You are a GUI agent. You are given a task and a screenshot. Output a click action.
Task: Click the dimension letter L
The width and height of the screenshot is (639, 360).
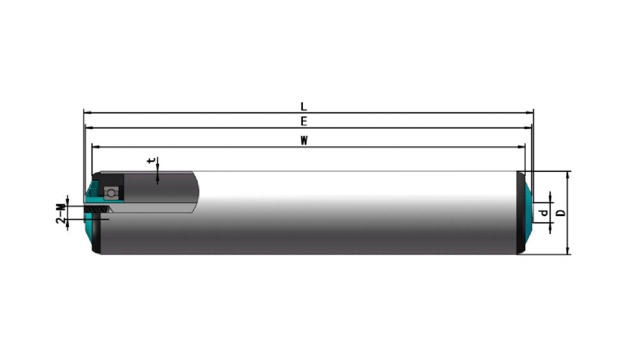[304, 107]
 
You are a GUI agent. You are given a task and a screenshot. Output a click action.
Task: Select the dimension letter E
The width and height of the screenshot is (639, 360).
[304, 121]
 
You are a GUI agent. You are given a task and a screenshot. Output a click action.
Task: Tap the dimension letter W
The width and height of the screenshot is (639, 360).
[304, 141]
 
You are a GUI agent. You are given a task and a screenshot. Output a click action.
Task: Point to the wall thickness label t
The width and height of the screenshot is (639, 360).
[151, 160]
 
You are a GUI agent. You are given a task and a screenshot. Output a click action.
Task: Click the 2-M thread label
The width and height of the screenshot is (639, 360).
[61, 214]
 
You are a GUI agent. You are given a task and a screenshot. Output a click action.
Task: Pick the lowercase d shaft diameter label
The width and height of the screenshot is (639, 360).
[543, 213]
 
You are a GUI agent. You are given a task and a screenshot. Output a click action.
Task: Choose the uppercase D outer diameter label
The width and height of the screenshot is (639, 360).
[561, 213]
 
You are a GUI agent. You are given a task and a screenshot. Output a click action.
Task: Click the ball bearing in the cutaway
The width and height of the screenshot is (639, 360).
[111, 192]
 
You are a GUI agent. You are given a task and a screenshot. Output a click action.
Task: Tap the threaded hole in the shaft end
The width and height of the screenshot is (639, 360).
[98, 209]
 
